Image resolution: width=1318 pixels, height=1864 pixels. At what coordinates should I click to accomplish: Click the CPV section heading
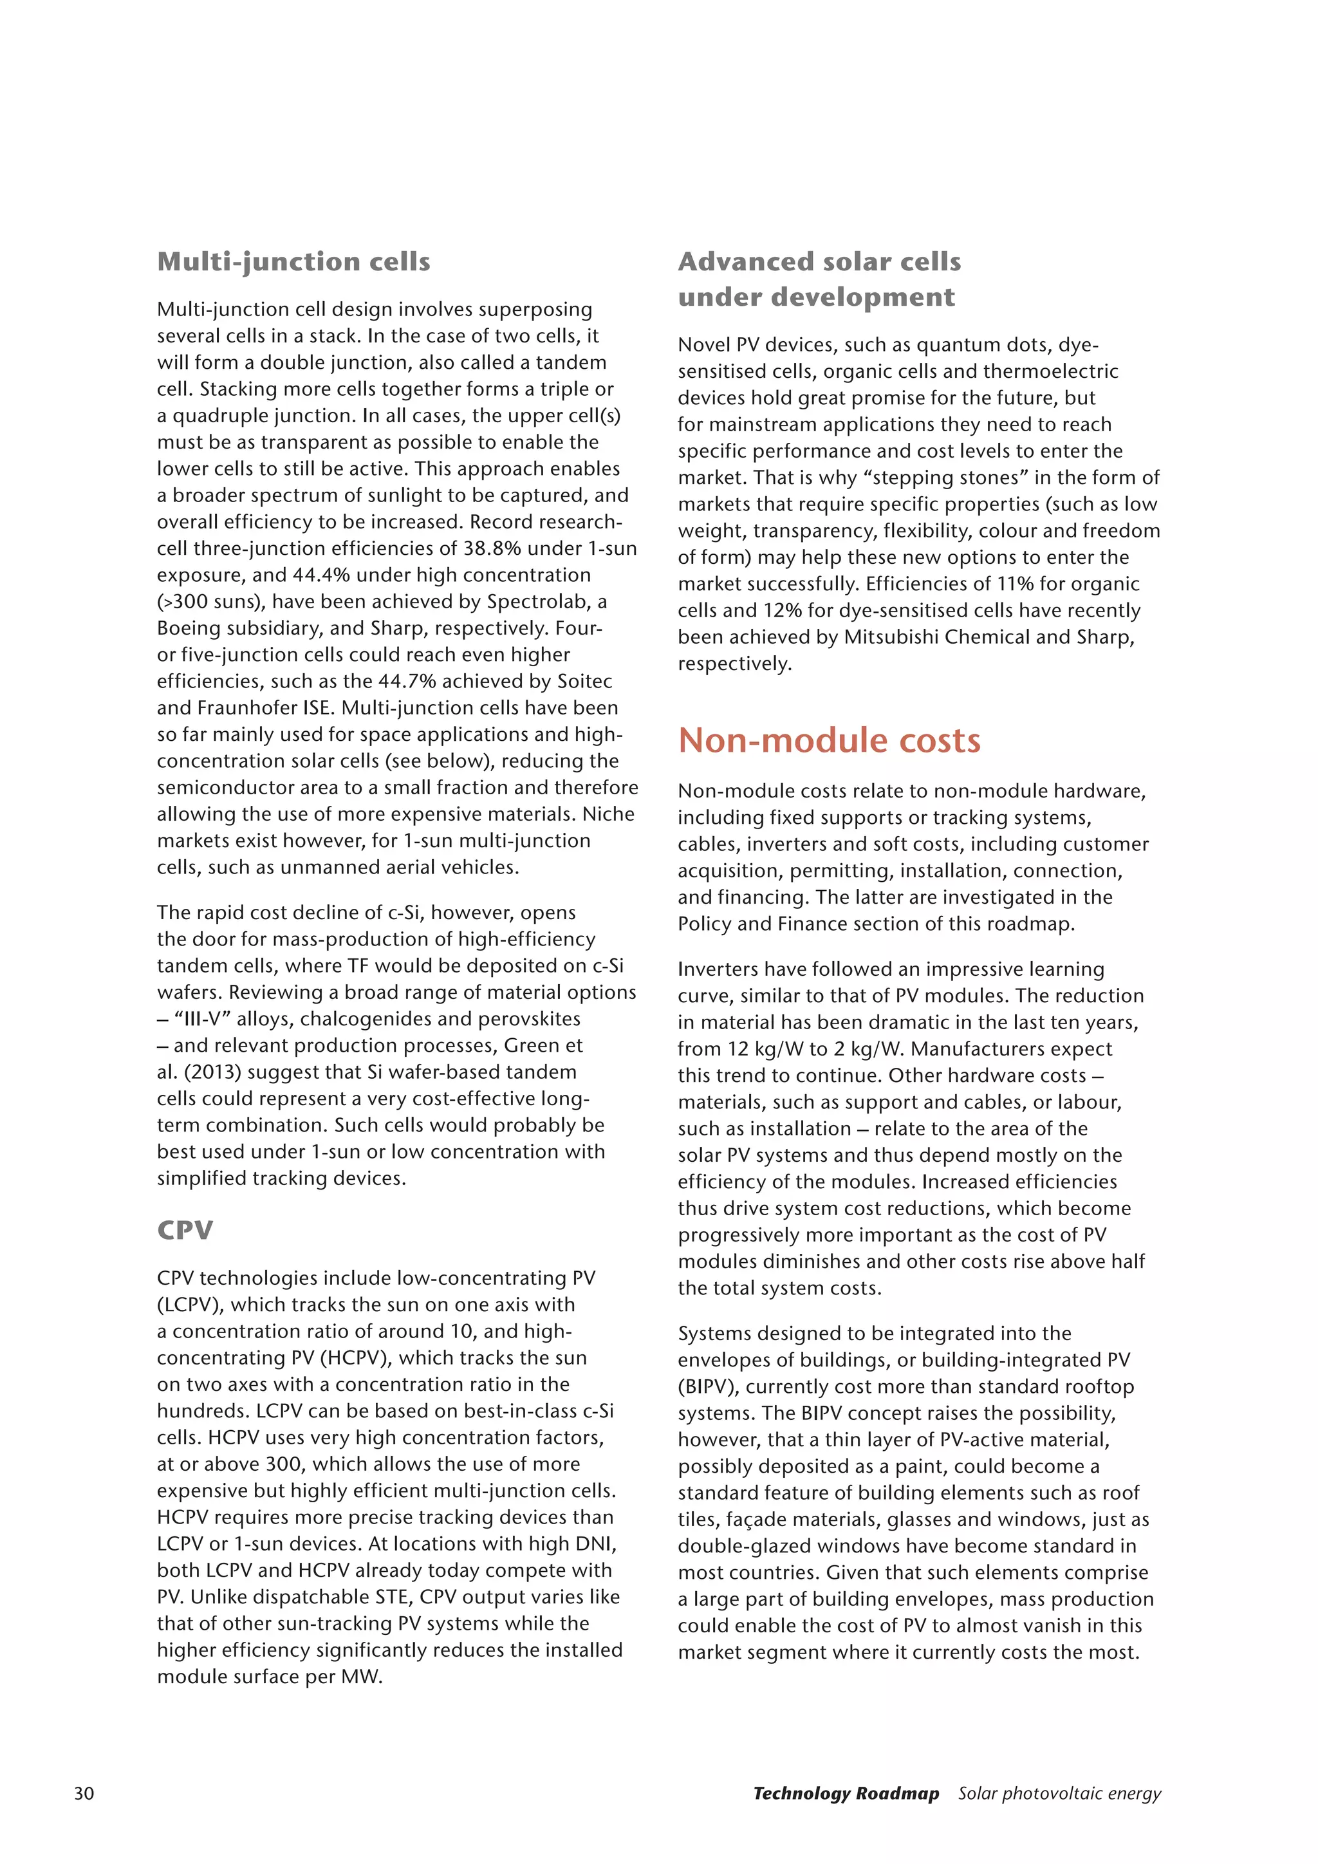(x=185, y=1230)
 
